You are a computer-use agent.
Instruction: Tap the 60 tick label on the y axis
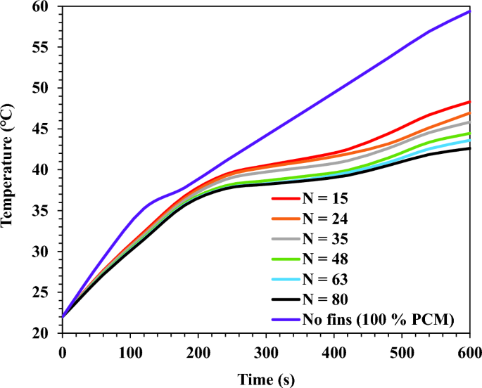coord(47,7)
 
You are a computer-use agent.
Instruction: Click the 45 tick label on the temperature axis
coord(47,129)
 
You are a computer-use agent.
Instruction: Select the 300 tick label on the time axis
coord(266,349)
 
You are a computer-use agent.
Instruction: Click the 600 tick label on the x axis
coord(469,349)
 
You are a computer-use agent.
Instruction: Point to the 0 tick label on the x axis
coord(63,349)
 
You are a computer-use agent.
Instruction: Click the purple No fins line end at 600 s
coord(469,11)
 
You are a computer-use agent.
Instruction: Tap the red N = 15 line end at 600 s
coord(469,102)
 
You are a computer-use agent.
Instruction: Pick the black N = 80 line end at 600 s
coord(469,148)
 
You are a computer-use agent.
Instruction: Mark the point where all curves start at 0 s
coord(63,316)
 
